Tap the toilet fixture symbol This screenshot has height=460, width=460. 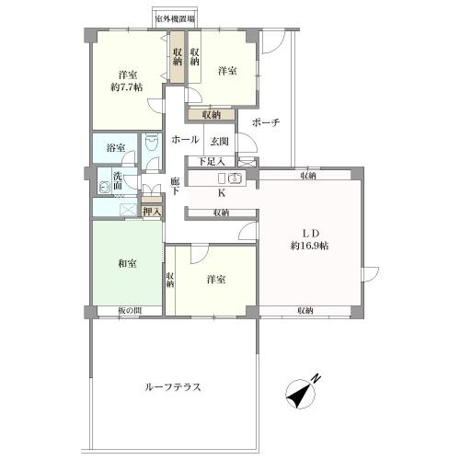coord(152,147)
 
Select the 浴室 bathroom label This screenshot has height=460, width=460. coord(114,146)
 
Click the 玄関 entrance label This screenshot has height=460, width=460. coord(219,142)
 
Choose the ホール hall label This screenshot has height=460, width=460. coord(184,141)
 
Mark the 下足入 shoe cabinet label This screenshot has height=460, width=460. coord(213,162)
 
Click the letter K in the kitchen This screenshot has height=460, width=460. coord(221,193)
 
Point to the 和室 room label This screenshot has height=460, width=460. coord(127,264)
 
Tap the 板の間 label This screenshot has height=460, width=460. coord(129,311)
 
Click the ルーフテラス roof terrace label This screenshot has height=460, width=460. coord(172,387)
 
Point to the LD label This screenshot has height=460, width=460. coord(304,231)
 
